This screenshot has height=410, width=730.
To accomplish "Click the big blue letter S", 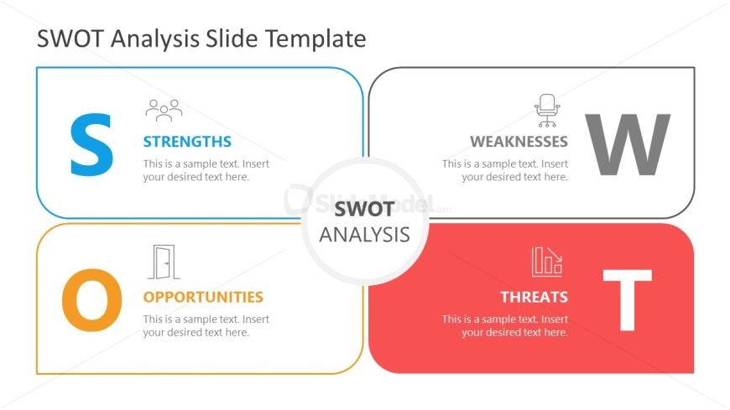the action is click(x=91, y=145).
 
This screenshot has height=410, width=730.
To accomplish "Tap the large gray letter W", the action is click(x=627, y=145).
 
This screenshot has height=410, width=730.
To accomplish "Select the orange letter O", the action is click(x=92, y=300).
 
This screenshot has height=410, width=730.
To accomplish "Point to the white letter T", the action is click(x=627, y=300).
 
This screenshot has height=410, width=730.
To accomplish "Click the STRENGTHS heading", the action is click(x=187, y=142).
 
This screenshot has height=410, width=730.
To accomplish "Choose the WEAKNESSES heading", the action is click(x=519, y=142).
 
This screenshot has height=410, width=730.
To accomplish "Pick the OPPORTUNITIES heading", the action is click(x=203, y=297).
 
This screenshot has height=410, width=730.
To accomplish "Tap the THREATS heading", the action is click(x=534, y=297).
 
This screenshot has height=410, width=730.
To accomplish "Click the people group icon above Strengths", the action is click(x=164, y=111).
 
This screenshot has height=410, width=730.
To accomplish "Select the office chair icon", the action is click(x=547, y=111).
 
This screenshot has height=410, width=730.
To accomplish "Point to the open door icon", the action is click(x=164, y=262).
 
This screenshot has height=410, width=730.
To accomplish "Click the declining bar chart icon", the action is click(x=547, y=262).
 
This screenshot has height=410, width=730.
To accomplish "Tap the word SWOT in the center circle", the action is click(x=364, y=209).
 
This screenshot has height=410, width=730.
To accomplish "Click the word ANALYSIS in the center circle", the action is click(x=364, y=235).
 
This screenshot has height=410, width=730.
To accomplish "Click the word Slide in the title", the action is click(x=232, y=39).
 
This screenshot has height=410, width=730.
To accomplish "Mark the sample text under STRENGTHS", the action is click(x=206, y=170).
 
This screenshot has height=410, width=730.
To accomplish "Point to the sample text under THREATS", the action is click(x=505, y=326).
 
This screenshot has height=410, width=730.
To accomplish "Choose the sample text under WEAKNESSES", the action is click(x=505, y=170).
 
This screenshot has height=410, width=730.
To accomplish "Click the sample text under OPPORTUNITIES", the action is click(x=206, y=326).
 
